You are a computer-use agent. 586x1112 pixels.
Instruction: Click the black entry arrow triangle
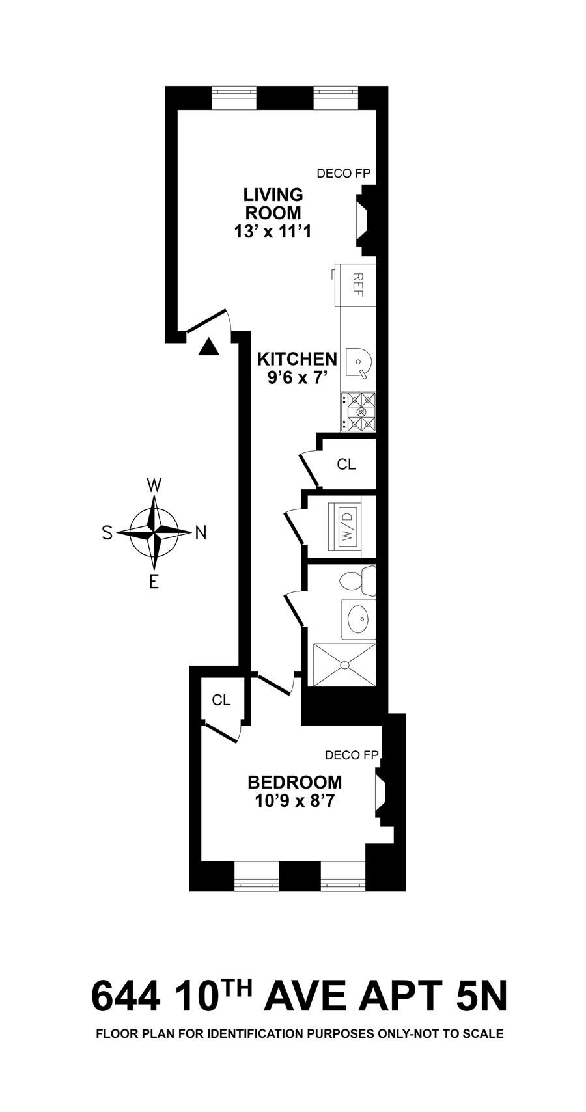[208, 347]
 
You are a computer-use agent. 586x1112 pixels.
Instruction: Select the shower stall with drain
[344, 665]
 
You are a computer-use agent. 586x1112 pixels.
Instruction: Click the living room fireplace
[366, 221]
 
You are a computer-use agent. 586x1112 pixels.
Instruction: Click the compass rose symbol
[154, 533]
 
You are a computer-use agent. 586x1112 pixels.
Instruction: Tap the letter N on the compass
[201, 533]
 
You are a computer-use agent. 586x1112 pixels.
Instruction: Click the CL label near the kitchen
[346, 464]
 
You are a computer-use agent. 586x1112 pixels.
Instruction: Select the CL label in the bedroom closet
[221, 700]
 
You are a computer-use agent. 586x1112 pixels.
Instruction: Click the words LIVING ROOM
[273, 203]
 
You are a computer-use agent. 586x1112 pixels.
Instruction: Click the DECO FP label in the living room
[344, 173]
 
